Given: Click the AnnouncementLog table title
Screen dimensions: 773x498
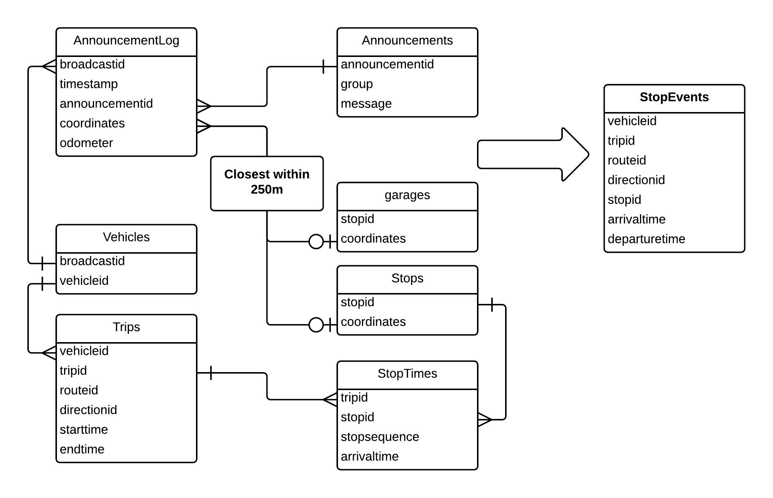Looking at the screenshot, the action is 126,40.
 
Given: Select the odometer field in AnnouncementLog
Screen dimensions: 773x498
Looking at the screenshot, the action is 86,143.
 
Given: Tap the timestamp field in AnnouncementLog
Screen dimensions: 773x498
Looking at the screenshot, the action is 89,84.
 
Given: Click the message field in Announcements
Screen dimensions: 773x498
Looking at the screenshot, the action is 366,104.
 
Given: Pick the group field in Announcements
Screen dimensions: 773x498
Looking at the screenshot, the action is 357,84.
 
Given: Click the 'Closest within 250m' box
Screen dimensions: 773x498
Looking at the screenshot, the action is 267,184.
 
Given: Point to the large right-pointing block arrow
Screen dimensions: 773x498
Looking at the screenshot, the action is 533,154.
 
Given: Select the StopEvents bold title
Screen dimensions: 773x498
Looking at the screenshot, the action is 674,97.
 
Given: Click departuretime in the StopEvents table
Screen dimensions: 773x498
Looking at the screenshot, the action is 646,239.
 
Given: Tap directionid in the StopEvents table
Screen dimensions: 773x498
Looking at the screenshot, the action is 636,180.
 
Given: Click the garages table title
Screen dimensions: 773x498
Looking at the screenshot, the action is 407,195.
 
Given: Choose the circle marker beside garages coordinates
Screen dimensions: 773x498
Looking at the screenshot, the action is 316,242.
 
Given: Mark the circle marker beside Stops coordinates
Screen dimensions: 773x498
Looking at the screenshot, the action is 316,325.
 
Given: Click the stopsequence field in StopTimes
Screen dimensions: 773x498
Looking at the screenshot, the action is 380,437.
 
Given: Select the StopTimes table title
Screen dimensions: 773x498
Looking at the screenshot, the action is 407,374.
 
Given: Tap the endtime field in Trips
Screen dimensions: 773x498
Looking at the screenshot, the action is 82,449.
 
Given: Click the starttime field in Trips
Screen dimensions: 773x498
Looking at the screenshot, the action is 84,429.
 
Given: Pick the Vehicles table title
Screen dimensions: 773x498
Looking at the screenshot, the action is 126,237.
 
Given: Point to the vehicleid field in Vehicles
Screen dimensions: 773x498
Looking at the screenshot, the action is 84,281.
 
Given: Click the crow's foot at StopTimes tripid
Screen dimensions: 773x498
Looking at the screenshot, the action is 330,399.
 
